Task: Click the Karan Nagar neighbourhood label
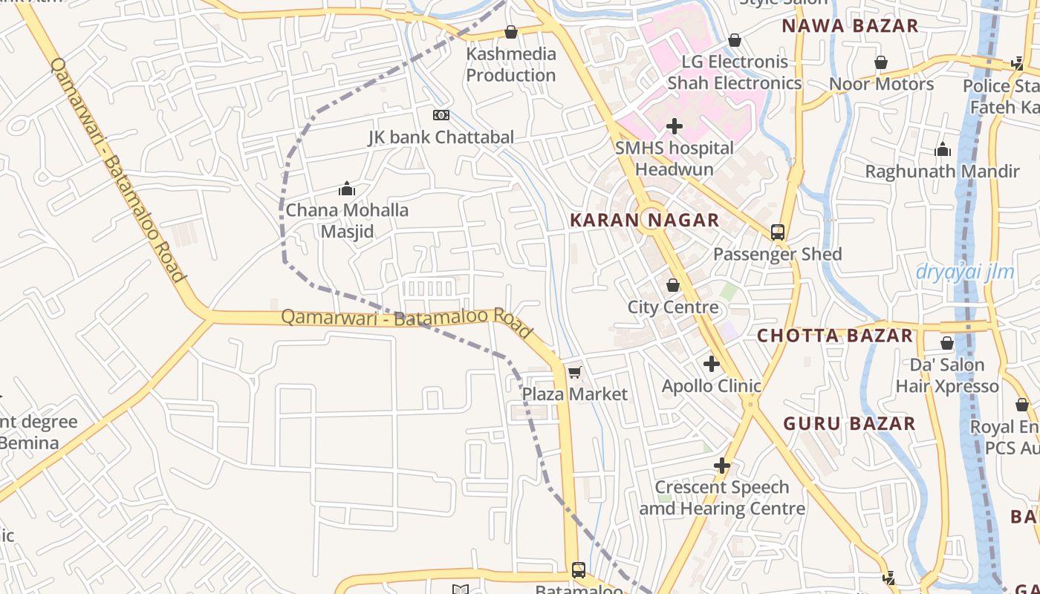(644, 220)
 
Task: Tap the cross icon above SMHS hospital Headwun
(674, 126)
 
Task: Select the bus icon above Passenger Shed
(777, 232)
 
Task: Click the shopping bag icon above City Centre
(673, 285)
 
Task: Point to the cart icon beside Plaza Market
(574, 372)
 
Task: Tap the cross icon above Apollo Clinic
(712, 364)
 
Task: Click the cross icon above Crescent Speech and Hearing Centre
(721, 466)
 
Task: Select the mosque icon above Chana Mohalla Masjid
(347, 189)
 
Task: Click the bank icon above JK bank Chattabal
(441, 115)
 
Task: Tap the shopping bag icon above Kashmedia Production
(510, 32)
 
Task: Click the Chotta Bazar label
(834, 336)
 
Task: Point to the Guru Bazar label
(849, 424)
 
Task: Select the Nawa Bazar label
(850, 25)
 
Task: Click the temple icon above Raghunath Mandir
(943, 150)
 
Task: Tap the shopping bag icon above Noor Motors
(880, 62)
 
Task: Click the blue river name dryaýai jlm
(964, 272)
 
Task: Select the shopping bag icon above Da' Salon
(946, 343)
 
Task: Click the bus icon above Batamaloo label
(578, 570)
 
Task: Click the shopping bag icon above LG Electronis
(735, 40)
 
